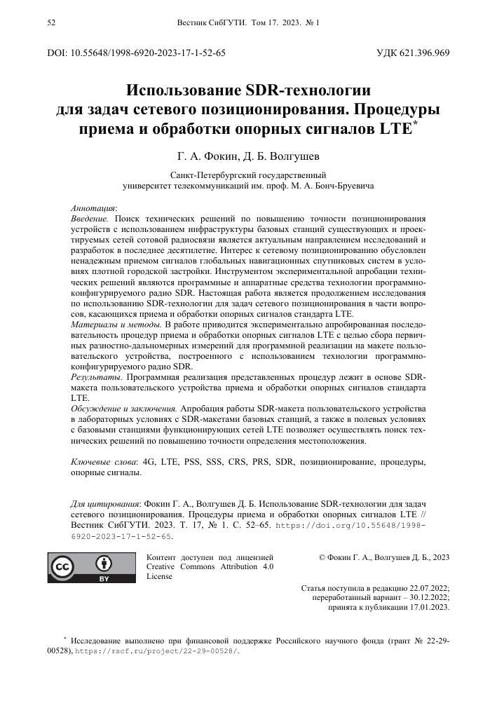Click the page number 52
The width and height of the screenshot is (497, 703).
point(50,23)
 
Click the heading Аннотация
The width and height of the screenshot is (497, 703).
point(94,209)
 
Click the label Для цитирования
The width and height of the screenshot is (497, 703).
point(106,503)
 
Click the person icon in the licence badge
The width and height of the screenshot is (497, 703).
point(104,563)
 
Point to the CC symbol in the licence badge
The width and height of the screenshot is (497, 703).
point(64,567)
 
